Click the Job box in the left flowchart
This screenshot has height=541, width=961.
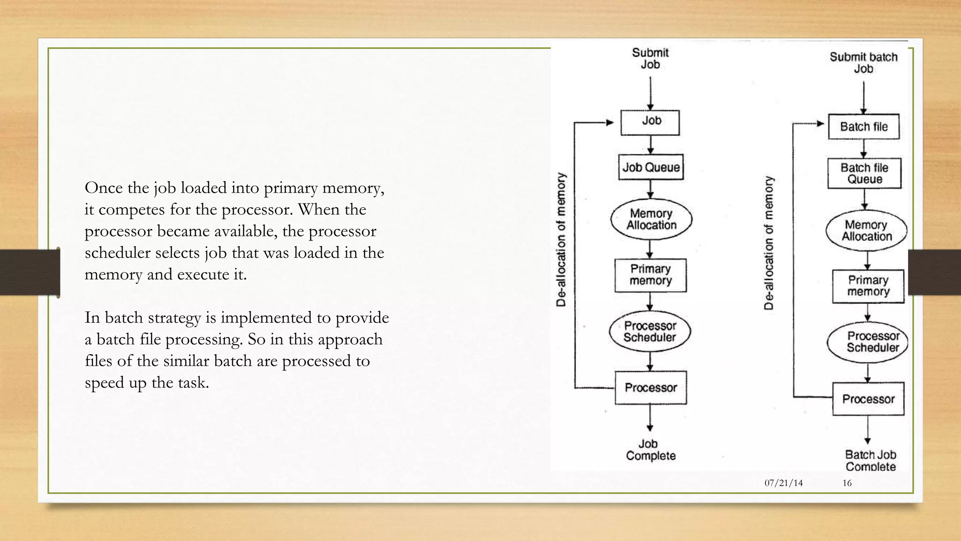(x=650, y=123)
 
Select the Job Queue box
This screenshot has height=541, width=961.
(x=651, y=167)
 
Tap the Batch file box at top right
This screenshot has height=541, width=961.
(x=863, y=127)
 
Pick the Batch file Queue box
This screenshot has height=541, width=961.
(x=864, y=173)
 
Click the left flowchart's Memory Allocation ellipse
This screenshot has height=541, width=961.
(x=651, y=219)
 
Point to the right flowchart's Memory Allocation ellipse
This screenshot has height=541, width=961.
(x=866, y=231)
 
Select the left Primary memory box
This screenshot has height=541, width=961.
(x=650, y=275)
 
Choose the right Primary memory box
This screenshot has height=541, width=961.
(x=868, y=286)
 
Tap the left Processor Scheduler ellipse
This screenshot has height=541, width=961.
(x=650, y=332)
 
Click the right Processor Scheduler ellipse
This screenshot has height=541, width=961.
(x=867, y=342)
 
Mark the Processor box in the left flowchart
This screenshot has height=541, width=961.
(x=650, y=387)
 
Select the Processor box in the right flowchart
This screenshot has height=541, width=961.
(x=868, y=399)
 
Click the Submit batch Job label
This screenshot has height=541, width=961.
(x=863, y=63)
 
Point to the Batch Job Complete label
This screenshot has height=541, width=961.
(x=870, y=461)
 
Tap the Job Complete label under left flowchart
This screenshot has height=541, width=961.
(x=650, y=450)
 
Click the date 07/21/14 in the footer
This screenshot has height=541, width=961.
(x=784, y=483)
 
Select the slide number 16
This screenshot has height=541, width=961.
(x=847, y=483)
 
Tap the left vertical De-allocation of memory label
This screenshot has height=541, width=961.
(x=561, y=240)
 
